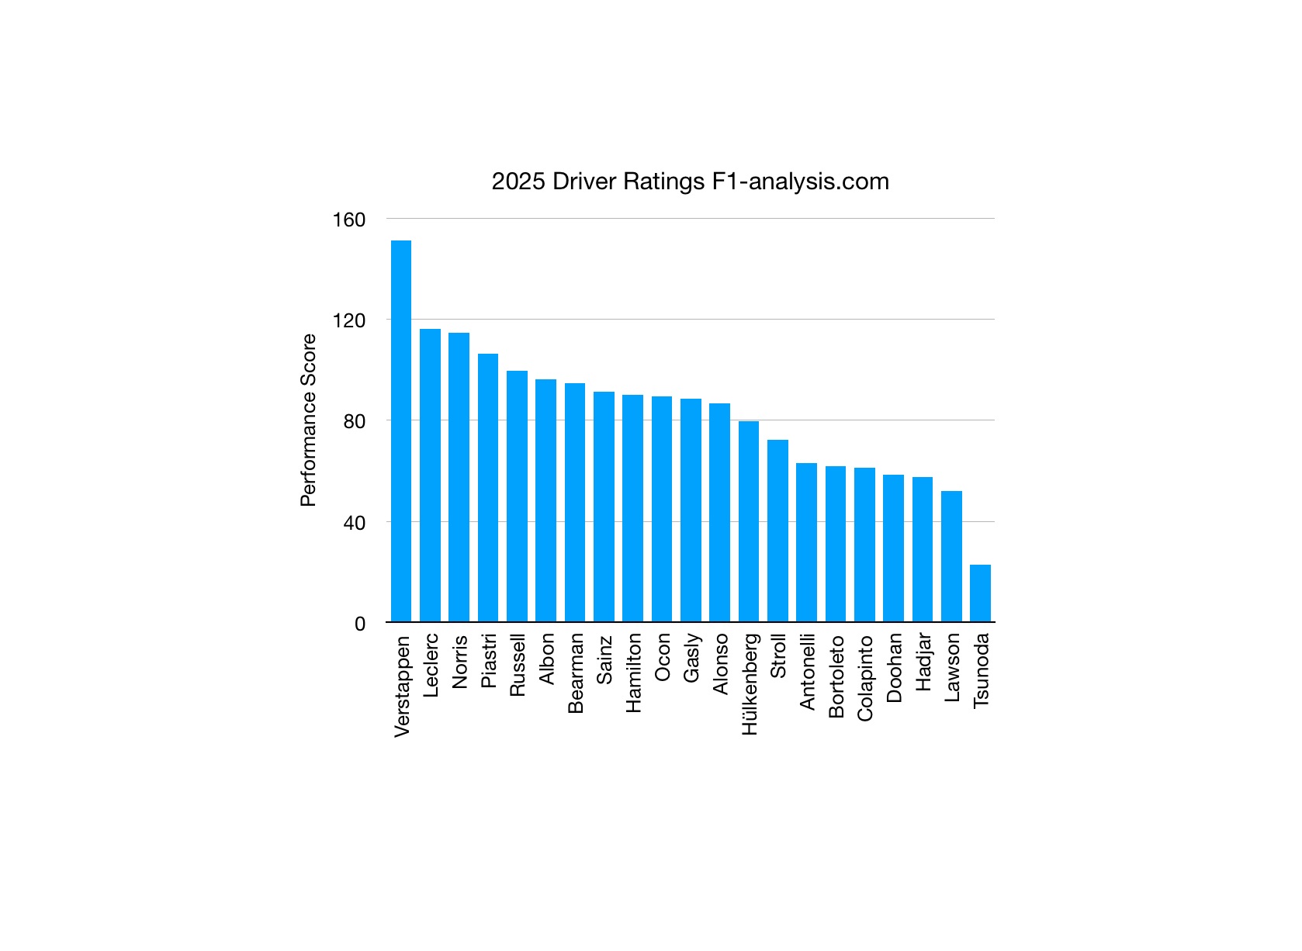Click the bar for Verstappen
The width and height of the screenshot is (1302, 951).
click(x=401, y=431)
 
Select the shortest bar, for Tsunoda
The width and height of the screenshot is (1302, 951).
click(x=980, y=593)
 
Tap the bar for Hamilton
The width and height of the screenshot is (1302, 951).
click(x=632, y=509)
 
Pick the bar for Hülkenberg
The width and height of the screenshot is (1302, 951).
click(x=749, y=521)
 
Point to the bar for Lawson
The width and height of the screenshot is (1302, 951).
click(x=951, y=556)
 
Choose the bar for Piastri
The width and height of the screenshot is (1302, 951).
click(x=488, y=488)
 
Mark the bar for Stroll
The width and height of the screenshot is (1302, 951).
click(x=777, y=531)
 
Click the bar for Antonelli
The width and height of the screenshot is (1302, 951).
click(x=806, y=542)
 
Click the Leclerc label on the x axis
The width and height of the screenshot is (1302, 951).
click(x=431, y=665)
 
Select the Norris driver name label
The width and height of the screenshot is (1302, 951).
click(x=460, y=661)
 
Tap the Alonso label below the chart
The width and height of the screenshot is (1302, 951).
click(x=720, y=663)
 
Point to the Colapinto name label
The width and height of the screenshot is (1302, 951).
click(x=865, y=678)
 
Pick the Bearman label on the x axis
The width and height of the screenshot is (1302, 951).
click(x=576, y=673)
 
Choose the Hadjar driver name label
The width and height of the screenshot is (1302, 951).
click(x=923, y=662)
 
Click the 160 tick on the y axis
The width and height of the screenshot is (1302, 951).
click(x=348, y=220)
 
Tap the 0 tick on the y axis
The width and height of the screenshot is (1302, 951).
click(x=359, y=624)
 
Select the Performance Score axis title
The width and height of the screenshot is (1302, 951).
click(x=309, y=420)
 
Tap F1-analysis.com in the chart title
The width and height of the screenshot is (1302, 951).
click(x=800, y=182)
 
